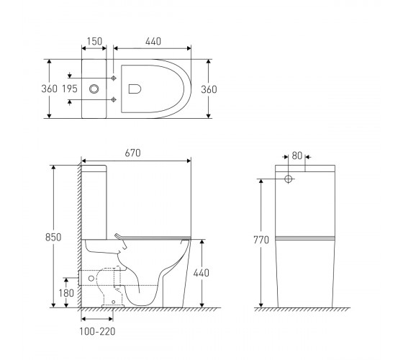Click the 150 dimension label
[x=94, y=41]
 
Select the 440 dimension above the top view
[x=153, y=41]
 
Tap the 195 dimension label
[x=70, y=89]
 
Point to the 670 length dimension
[x=132, y=153]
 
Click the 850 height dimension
[x=53, y=237]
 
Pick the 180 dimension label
[x=66, y=293]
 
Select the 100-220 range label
[x=97, y=331]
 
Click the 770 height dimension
[x=261, y=240]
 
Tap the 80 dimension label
[x=296, y=156]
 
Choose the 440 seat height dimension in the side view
[x=201, y=273]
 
